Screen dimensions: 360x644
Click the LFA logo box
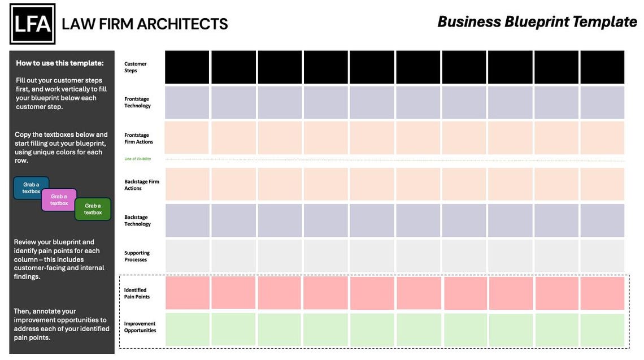[x=32, y=24]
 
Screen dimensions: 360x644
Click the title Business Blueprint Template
[x=537, y=22]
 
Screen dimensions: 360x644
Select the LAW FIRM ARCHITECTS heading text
[x=145, y=24]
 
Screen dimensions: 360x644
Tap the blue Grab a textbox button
[x=31, y=188]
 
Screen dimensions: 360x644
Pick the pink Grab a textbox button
[x=59, y=200]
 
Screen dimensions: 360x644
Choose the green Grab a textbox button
[x=93, y=209]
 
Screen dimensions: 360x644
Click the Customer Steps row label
[x=136, y=67]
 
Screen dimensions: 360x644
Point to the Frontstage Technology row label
[x=138, y=102]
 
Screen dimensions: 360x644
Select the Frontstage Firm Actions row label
[x=139, y=138]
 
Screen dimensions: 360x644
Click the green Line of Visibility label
[x=138, y=159]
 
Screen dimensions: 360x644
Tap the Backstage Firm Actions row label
[x=142, y=185]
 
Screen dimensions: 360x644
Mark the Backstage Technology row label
[x=138, y=220]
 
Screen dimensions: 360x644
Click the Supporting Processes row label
[x=136, y=256]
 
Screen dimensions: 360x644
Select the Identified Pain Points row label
[x=137, y=293]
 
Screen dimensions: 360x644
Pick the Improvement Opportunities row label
[x=140, y=327]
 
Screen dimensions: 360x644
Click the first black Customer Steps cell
[x=187, y=67]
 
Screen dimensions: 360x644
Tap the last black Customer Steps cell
[x=602, y=67]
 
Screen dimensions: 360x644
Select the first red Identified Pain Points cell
[x=187, y=293]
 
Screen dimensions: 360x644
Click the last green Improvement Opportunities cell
[x=602, y=330]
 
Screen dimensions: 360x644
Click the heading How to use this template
[x=60, y=63]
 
